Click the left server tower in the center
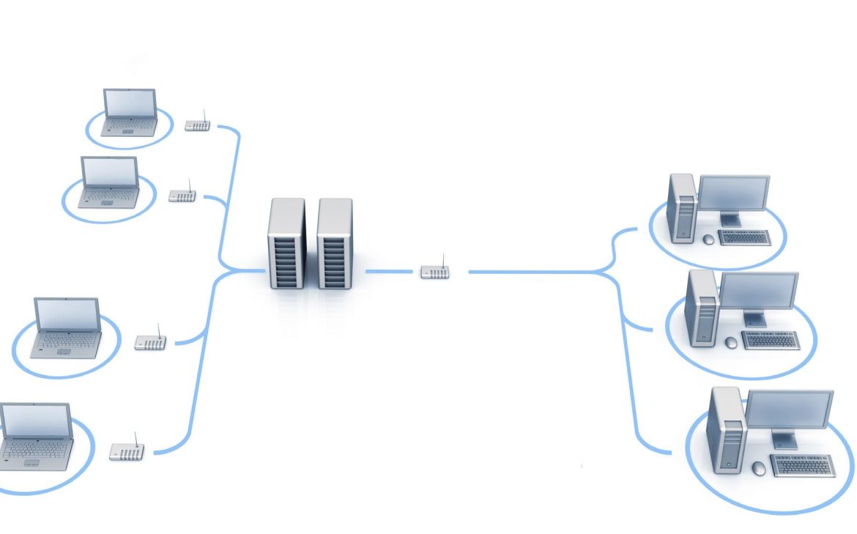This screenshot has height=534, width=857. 286,243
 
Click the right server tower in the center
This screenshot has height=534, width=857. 334,243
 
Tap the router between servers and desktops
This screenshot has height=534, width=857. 434,272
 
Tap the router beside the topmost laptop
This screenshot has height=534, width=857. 198,125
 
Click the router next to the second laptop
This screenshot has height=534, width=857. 182,196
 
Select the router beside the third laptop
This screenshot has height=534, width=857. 150,341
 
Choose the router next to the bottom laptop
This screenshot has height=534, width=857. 127,451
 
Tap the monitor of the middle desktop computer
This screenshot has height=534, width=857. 758,292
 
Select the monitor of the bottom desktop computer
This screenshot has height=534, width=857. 789,410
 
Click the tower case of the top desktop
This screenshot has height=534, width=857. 682,207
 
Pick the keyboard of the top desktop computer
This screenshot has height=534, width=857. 745,237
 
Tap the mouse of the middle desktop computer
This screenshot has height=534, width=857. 730,342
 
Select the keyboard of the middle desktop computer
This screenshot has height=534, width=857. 771,339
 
